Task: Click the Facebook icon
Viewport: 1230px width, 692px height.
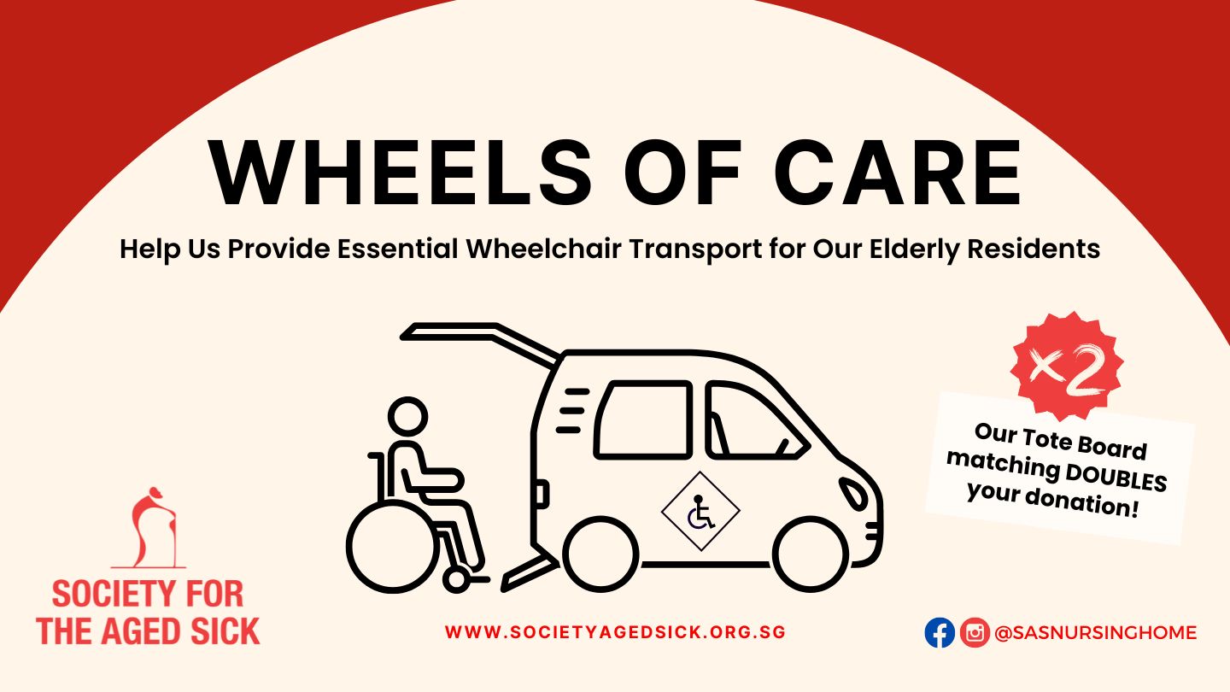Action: pyautogui.click(x=940, y=633)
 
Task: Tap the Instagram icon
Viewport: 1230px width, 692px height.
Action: pyautogui.click(x=975, y=633)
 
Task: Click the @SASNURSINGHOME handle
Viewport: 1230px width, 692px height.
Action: pyautogui.click(x=1095, y=633)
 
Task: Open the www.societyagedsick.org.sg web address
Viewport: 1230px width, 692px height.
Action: pyautogui.click(x=616, y=631)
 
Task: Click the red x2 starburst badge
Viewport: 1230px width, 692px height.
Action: pyautogui.click(x=1067, y=367)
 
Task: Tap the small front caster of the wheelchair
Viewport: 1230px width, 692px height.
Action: pyautogui.click(x=456, y=579)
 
